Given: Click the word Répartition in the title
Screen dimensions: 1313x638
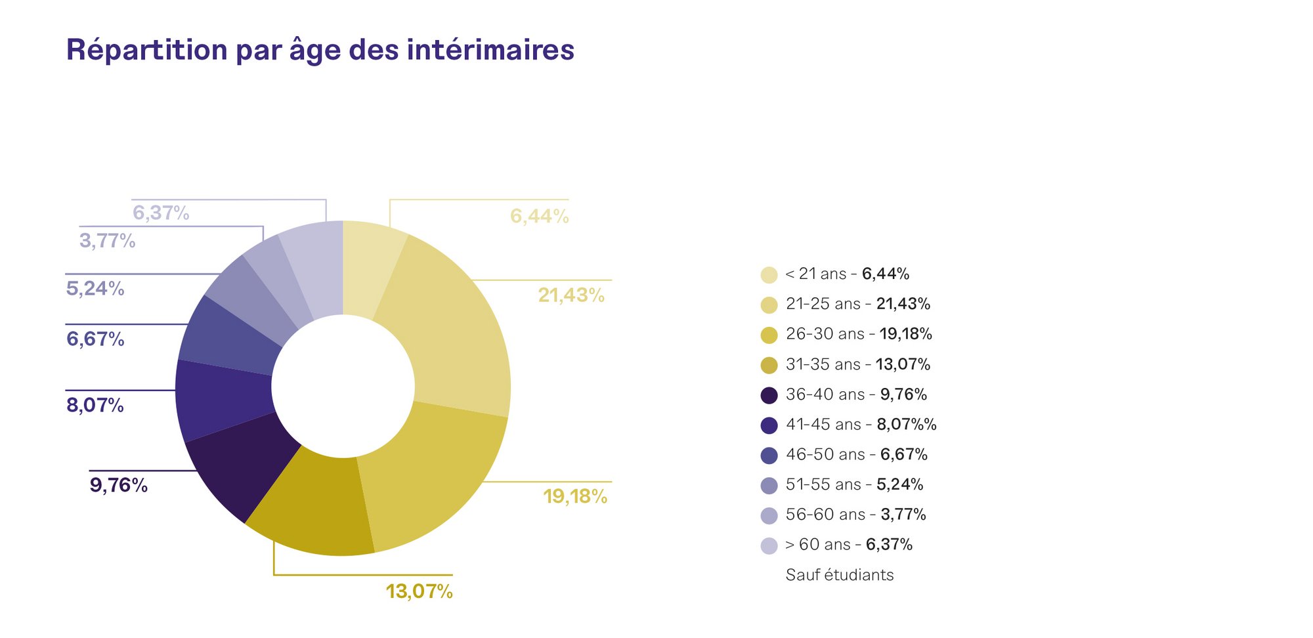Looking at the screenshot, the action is (147, 51).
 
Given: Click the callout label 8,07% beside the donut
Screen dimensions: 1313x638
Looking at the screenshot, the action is (95, 405).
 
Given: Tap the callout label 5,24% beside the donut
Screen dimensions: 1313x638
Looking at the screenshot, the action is (95, 288).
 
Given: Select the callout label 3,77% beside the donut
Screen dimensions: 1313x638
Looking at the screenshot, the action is (108, 241).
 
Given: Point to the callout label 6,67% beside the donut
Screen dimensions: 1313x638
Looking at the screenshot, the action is (95, 339).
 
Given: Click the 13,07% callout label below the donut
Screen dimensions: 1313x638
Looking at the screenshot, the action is (420, 591).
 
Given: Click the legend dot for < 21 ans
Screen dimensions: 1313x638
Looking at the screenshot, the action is (769, 275).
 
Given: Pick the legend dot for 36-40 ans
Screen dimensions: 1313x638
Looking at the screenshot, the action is (769, 396).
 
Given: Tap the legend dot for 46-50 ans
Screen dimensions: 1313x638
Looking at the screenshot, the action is (769, 456).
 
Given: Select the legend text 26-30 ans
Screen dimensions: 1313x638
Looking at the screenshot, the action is (825, 334).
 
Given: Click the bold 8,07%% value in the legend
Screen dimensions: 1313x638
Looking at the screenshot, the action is (907, 425).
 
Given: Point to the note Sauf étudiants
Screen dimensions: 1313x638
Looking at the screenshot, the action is (840, 575).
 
